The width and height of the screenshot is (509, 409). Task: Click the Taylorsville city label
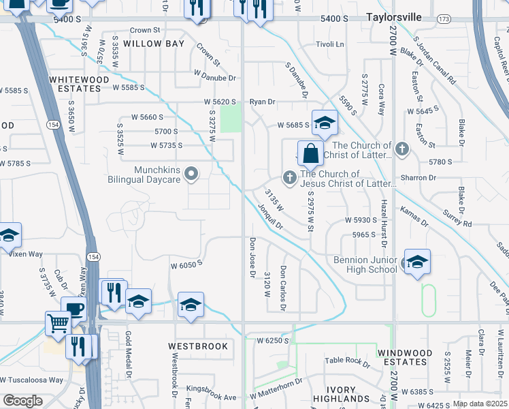[393, 16]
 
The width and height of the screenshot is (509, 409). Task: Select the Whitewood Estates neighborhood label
[79, 84]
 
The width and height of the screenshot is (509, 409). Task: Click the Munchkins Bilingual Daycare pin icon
[192, 173]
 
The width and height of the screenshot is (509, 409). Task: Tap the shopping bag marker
[310, 153]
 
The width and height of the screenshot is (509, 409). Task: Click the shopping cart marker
[59, 322]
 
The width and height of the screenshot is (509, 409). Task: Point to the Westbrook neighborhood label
[198, 346]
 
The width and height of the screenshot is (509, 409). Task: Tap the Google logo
[22, 401]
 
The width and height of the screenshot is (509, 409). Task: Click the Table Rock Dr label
[347, 362]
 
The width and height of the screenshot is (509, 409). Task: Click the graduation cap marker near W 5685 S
[325, 122]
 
